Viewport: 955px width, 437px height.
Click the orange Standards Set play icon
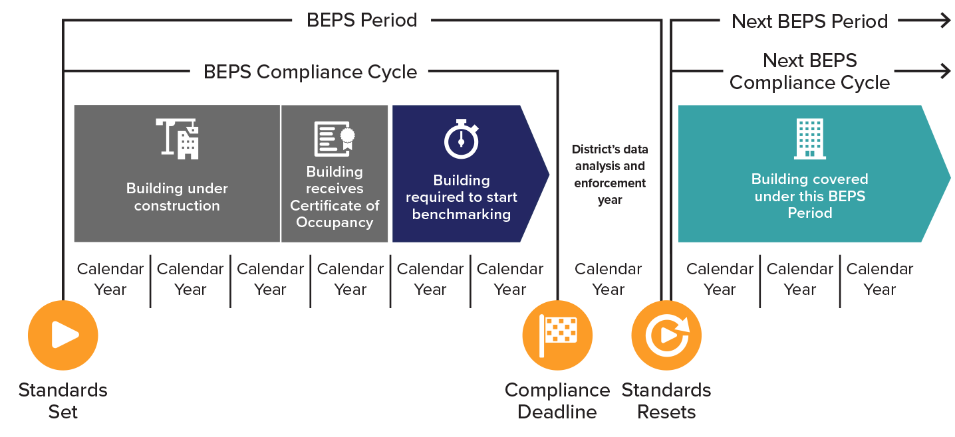[x=63, y=335]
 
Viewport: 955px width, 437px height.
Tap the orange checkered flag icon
[x=557, y=335]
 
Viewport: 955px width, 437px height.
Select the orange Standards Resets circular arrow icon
[x=666, y=335]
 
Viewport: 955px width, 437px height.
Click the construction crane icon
[x=178, y=138]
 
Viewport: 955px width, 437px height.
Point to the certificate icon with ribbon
[x=335, y=139]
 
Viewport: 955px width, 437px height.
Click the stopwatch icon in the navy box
[x=462, y=139]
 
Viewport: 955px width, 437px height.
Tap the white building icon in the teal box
[x=809, y=139]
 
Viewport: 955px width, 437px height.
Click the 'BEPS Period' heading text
[x=362, y=20]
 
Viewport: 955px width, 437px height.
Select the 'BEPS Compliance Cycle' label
[x=310, y=72]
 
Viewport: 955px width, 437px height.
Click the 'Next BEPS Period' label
[x=809, y=21]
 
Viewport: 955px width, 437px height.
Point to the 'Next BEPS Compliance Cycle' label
[x=809, y=72]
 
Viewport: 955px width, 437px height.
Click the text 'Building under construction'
[x=177, y=197]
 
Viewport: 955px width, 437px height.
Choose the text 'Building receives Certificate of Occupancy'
[x=335, y=197]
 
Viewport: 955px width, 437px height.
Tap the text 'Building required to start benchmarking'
[x=462, y=197]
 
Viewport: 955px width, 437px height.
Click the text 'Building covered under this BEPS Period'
[x=809, y=197]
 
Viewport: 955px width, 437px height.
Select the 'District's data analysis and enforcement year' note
[x=609, y=175]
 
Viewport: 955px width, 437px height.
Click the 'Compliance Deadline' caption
[x=557, y=400]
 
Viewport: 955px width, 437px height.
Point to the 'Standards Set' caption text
[x=63, y=400]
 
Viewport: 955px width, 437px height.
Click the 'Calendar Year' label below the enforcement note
[x=609, y=279]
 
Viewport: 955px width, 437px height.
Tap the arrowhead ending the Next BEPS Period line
[x=944, y=21]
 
